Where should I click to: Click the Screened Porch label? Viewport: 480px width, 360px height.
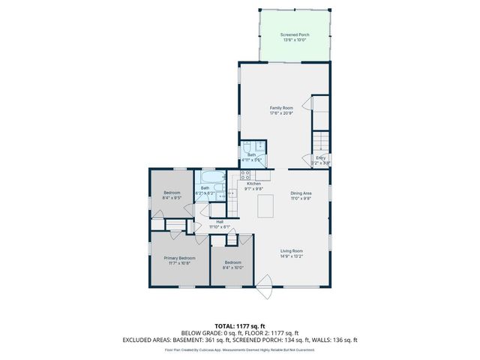pyautogui.click(x=295, y=34)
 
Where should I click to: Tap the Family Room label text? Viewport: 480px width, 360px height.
pyautogui.click(x=280, y=108)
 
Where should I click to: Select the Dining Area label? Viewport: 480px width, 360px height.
pyautogui.click(x=301, y=194)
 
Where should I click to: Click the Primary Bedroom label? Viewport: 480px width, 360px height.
pyautogui.click(x=179, y=258)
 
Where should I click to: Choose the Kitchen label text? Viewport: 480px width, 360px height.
pyautogui.click(x=253, y=184)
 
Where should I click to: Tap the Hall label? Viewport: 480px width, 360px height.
pyautogui.click(x=220, y=222)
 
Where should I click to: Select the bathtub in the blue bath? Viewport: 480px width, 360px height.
pyautogui.click(x=210, y=178)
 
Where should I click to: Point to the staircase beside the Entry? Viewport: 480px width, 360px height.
pyautogui.click(x=321, y=140)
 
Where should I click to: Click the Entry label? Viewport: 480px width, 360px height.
pyautogui.click(x=320, y=157)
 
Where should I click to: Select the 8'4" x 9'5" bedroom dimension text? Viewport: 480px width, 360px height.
pyautogui.click(x=172, y=198)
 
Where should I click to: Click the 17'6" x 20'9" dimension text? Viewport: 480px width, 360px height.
pyautogui.click(x=280, y=113)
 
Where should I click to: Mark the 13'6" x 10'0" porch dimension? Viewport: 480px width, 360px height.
pyautogui.click(x=295, y=40)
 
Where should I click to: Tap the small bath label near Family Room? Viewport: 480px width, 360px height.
pyautogui.click(x=250, y=155)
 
